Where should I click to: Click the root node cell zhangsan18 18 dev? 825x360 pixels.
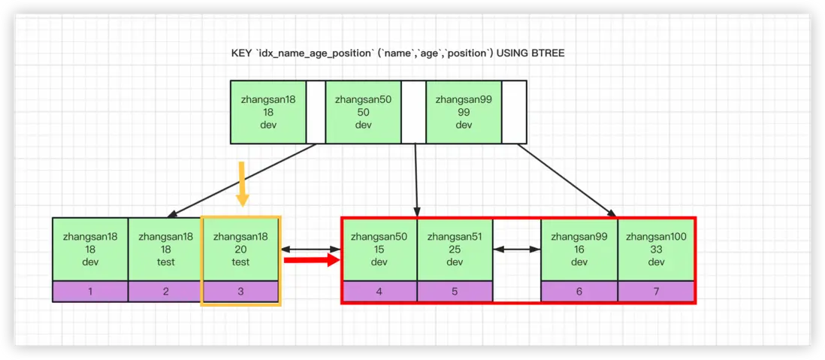tap(268, 112)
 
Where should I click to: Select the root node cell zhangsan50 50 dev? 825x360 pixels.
tap(363, 112)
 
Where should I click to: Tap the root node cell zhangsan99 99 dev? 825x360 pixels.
tap(463, 112)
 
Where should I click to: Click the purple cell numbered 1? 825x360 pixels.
tap(90, 291)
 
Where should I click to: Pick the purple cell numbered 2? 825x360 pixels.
tap(165, 291)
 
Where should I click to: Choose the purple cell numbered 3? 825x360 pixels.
tap(240, 291)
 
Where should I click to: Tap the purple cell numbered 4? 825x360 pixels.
tap(379, 291)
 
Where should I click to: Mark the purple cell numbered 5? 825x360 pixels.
tap(455, 291)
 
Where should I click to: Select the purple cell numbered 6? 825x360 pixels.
tap(579, 291)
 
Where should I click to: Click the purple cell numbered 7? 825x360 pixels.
tap(656, 291)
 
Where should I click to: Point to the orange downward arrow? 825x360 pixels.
tap(242, 183)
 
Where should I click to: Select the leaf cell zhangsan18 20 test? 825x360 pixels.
tap(240, 249)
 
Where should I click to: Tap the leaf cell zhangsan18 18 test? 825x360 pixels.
tap(165, 249)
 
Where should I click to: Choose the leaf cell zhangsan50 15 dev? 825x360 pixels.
tap(379, 249)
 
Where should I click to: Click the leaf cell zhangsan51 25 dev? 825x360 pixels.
tap(455, 249)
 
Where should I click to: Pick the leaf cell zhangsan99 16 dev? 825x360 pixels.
tap(579, 249)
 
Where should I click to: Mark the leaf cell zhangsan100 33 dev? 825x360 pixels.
tap(656, 249)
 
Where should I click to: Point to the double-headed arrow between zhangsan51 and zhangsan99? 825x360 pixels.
tap(517, 249)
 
